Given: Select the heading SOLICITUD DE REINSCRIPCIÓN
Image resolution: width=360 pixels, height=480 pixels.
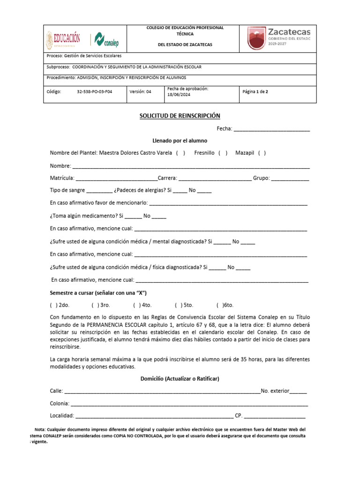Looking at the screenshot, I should point(180,116).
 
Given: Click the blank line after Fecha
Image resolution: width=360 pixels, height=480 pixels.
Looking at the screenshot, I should point(271,129).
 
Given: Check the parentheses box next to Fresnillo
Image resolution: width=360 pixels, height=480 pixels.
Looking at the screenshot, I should point(223,153).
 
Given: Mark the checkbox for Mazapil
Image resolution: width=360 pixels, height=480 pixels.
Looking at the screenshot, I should point(262,153).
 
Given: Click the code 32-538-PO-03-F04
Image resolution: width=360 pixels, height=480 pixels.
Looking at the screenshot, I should point(94,92).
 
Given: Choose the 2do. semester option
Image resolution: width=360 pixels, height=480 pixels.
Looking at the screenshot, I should point(52,305).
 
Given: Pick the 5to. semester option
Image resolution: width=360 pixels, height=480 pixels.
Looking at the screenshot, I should point(178,305).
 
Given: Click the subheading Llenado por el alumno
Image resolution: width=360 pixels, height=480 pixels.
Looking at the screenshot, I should point(180,141).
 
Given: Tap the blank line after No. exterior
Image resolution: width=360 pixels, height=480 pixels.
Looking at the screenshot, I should point(299,391).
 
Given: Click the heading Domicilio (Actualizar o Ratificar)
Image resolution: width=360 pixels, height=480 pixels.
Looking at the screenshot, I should point(180,379).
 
